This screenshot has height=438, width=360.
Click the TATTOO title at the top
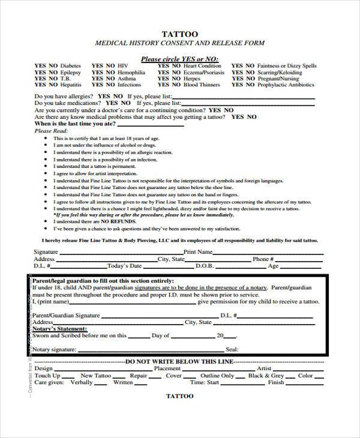[179, 34]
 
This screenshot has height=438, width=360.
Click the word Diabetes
[71, 65]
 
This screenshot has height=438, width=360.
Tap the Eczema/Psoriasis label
[205, 72]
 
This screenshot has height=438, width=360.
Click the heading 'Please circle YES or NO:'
[179, 58]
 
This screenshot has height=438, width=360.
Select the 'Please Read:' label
[48, 131]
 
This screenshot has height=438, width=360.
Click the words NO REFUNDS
[105, 221]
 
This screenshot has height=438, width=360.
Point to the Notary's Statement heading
[59, 329]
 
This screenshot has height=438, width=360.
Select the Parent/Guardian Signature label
[66, 315]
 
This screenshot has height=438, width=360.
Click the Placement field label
[166, 369]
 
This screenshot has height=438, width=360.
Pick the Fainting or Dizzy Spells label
[287, 65]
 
